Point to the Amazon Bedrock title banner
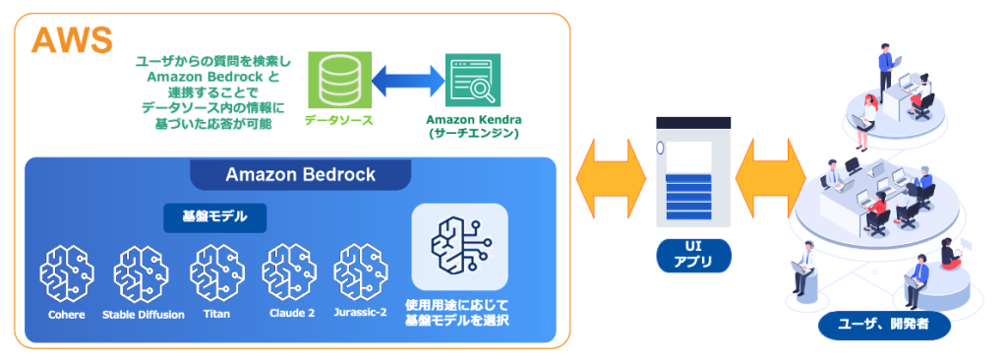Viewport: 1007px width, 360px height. (300, 175)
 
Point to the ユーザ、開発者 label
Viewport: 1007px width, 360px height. (884, 326)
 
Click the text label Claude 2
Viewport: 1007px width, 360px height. (290, 315)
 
